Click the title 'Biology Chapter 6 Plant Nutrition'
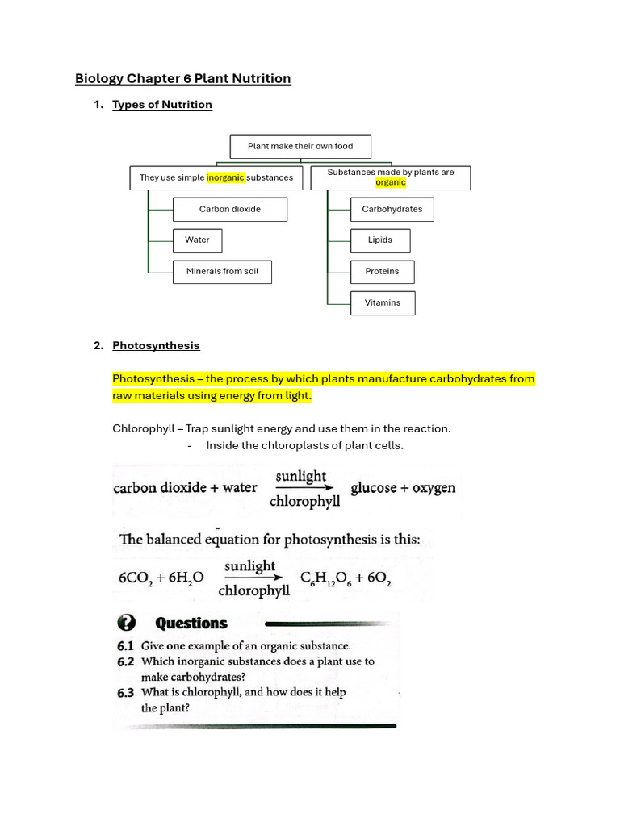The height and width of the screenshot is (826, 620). (182, 78)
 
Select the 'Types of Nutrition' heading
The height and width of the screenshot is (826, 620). (161, 104)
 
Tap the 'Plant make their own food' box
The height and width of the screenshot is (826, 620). (300, 146)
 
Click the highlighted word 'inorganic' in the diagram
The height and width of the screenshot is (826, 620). (225, 177)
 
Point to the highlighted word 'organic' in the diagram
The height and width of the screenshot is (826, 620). (391, 182)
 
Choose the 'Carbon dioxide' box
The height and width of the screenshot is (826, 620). (230, 209)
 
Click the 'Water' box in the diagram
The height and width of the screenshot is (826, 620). (197, 240)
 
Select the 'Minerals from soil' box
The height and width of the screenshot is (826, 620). (222, 271)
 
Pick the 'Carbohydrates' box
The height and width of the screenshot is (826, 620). (392, 209)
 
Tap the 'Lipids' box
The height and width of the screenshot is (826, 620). (380, 240)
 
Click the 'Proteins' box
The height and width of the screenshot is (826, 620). (382, 271)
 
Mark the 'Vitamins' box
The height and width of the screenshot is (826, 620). (383, 302)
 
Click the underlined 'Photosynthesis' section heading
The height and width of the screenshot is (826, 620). (156, 345)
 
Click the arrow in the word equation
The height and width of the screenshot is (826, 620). (304, 488)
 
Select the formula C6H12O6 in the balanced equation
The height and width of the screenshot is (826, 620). (326, 578)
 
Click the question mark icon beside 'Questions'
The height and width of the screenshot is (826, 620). (127, 623)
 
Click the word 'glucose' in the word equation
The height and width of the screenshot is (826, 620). (373, 488)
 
